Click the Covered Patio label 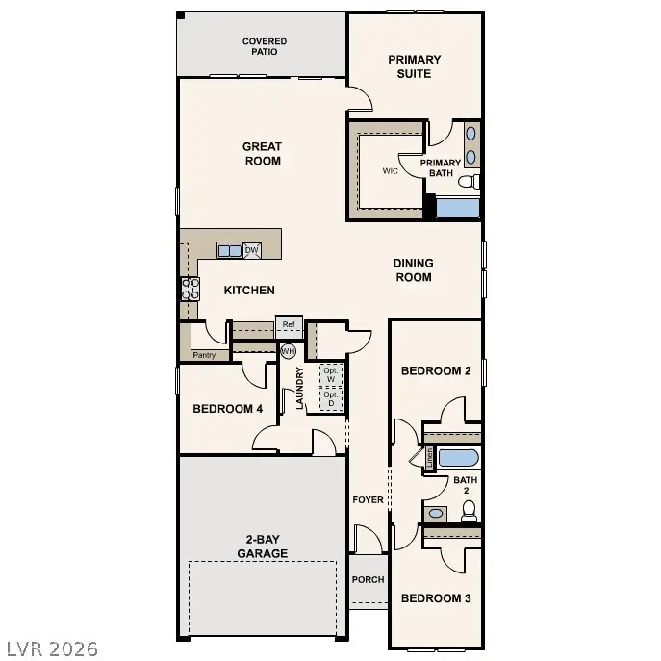pyautogui.click(x=264, y=46)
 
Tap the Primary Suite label pyautogui.click(x=415, y=66)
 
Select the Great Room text pyautogui.click(x=262, y=154)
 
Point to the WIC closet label pyautogui.click(x=391, y=171)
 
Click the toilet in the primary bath pyautogui.click(x=469, y=181)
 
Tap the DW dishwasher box pyautogui.click(x=252, y=250)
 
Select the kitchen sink pyautogui.click(x=230, y=251)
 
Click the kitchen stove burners pyautogui.click(x=190, y=289)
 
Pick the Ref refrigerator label pyautogui.click(x=289, y=325)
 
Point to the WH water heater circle pyautogui.click(x=288, y=351)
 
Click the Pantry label pyautogui.click(x=204, y=355)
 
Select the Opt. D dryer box pyautogui.click(x=331, y=398)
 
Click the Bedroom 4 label pyautogui.click(x=228, y=409)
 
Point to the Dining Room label pyautogui.click(x=414, y=270)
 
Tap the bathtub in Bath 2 pyautogui.click(x=458, y=457)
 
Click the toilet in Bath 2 pyautogui.click(x=469, y=512)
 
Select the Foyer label pyautogui.click(x=369, y=500)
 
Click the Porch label pyautogui.click(x=368, y=580)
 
